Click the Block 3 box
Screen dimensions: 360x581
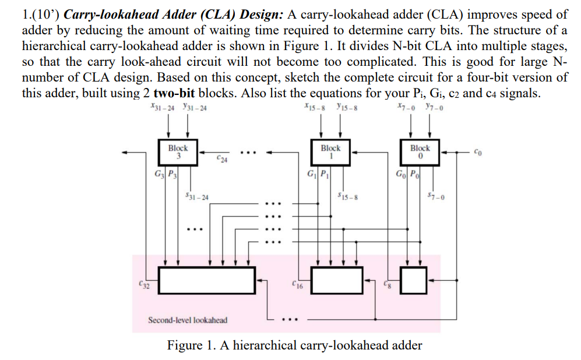pyautogui.click(x=178, y=152)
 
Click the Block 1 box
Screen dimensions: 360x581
pyautogui.click(x=330, y=152)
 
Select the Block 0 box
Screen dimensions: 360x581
pyautogui.click(x=420, y=152)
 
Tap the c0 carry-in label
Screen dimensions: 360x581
pyautogui.click(x=478, y=153)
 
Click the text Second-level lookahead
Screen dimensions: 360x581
pyautogui.click(x=188, y=320)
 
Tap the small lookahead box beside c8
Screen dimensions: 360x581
pyautogui.click(x=414, y=281)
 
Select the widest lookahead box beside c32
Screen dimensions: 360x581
pyautogui.click(x=207, y=281)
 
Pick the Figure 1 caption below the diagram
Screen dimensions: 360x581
pyautogui.click(x=294, y=345)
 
